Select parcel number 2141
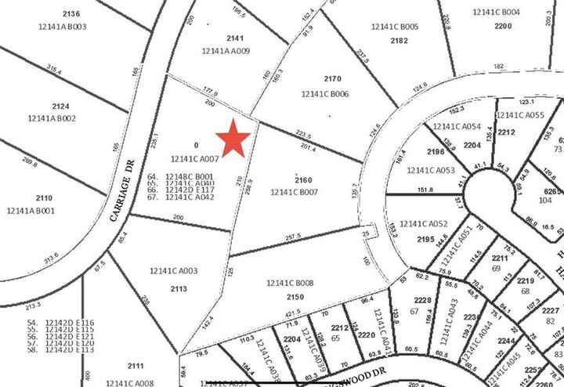236,38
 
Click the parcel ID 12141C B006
325,94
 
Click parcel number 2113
178,288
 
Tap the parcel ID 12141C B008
290,283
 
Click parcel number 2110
44,198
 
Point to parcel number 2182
399,40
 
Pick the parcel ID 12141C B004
497,13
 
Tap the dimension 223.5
303,135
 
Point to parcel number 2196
436,152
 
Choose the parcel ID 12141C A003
173,270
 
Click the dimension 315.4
54,69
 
